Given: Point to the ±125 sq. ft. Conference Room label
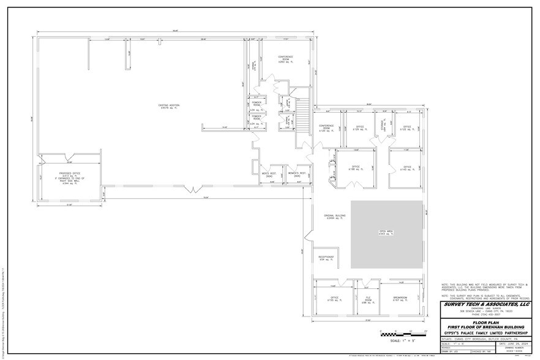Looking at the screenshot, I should pos(326,129).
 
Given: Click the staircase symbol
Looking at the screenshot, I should pos(302,117).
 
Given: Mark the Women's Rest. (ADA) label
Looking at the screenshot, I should pos(296,174).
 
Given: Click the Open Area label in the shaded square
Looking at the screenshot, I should pos(386,233).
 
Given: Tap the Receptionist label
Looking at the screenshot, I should pos(326,258).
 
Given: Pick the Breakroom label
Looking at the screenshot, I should pos(400,299).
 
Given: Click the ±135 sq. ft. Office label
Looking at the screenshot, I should pos(334,299).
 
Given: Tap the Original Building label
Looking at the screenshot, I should pos(335,217).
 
